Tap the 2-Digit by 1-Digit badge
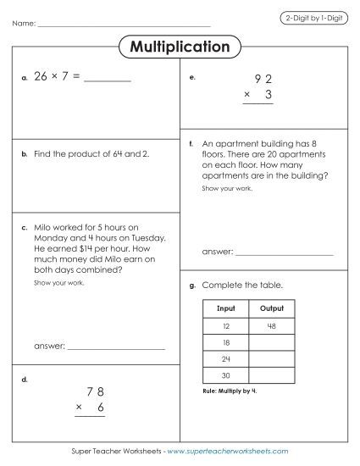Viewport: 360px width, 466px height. coord(313,18)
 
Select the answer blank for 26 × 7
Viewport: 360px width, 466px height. coord(108,80)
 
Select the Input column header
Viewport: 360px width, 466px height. coord(226,308)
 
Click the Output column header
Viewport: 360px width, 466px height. coord(272,308)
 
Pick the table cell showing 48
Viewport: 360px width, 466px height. coord(272,325)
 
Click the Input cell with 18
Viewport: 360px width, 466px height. coord(226,342)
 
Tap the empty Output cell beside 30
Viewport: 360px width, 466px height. coord(272,377)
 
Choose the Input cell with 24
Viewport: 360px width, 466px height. coord(226,360)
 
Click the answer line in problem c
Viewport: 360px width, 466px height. coord(116,348)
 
